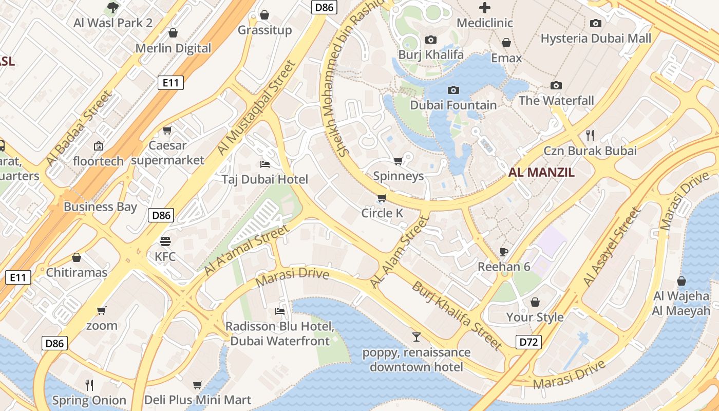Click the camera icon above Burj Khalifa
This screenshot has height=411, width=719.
click(431, 40)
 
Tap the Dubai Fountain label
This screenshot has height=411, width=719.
click(453, 105)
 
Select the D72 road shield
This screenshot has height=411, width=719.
click(528, 342)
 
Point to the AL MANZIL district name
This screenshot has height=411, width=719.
click(541, 173)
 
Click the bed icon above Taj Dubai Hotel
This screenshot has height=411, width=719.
click(265, 164)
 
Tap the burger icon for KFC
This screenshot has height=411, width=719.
click(165, 241)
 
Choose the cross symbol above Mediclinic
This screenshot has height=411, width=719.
click(484, 8)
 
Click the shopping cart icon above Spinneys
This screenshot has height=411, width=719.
click(398, 161)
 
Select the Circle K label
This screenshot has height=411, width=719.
click(382, 213)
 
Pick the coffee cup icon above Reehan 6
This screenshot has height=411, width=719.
click(504, 252)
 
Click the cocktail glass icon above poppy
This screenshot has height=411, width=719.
click(416, 337)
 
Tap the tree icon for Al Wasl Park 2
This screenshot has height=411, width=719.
click(113, 8)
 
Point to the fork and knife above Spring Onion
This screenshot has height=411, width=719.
click(89, 385)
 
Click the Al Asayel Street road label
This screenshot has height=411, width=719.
click(612, 247)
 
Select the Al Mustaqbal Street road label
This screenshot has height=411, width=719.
click(257, 108)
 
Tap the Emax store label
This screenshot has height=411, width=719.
click(506, 58)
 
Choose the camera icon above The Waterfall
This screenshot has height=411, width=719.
click(556, 85)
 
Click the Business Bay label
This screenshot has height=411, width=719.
click(100, 207)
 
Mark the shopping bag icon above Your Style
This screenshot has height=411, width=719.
click(535, 302)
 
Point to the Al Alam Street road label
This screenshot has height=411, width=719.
click(399, 252)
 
